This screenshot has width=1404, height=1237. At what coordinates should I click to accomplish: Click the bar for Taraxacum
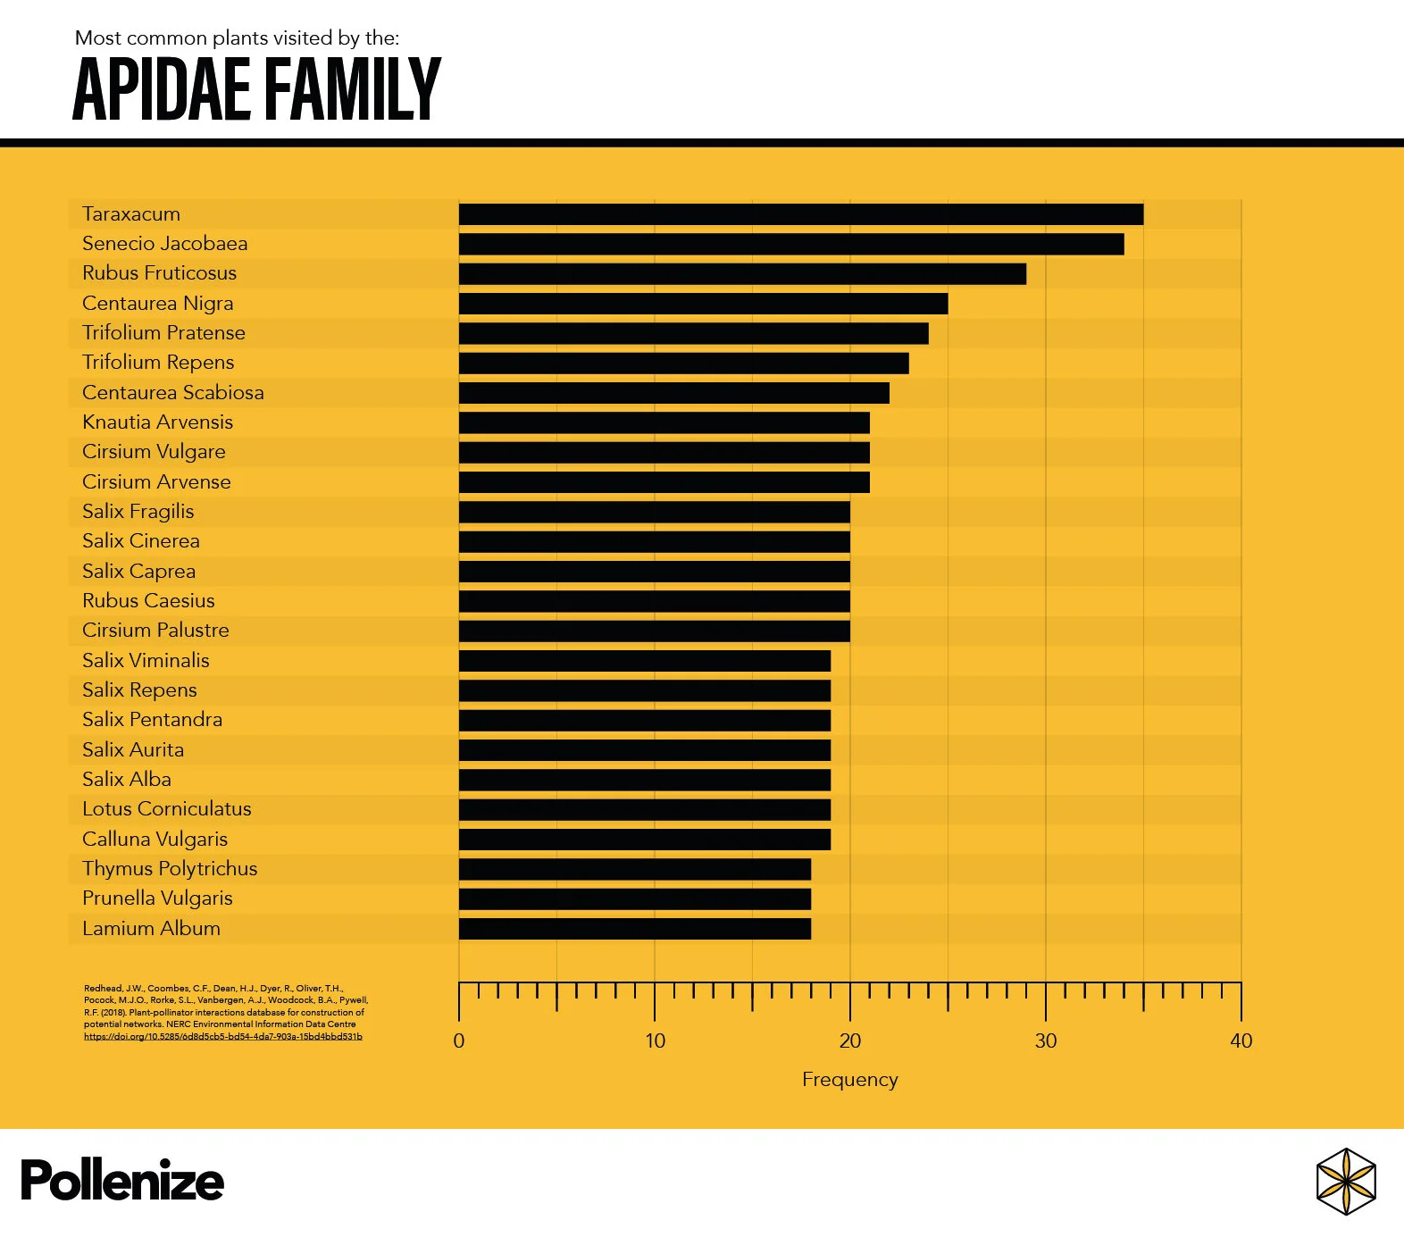pos(800,214)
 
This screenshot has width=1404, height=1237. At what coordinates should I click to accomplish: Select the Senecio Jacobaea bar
pos(790,244)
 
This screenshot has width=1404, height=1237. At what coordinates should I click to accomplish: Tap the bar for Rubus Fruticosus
pos(741,273)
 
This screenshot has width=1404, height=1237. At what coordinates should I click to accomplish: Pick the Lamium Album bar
pos(634,929)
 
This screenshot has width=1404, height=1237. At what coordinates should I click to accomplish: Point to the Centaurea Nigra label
pos(157,304)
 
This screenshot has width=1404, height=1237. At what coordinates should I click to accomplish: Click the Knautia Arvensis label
pos(157,422)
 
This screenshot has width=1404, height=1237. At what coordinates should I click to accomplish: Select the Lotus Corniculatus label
pos(166,809)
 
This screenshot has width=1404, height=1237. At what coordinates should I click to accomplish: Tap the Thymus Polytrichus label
pos(170,869)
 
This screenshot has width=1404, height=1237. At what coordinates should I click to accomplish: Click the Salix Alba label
pos(127,780)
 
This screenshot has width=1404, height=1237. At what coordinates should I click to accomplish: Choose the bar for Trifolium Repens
pos(683,363)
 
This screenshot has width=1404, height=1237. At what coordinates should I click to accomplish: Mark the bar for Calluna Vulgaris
pos(644,840)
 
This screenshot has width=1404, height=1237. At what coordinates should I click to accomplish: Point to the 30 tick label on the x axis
pos(1045,1041)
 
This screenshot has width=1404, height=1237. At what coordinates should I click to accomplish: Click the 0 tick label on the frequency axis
pos(459,1041)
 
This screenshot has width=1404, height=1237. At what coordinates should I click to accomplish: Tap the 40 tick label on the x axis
pos(1241,1041)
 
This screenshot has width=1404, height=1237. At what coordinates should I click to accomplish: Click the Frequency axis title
pos(849,1080)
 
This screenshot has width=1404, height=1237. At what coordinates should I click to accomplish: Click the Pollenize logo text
pos(121,1181)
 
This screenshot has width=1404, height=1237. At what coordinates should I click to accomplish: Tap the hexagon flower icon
pos(1346,1182)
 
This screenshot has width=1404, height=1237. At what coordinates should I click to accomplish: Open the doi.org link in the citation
pos(223,1037)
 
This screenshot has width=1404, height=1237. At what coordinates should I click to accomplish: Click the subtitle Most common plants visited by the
pos(237,38)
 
